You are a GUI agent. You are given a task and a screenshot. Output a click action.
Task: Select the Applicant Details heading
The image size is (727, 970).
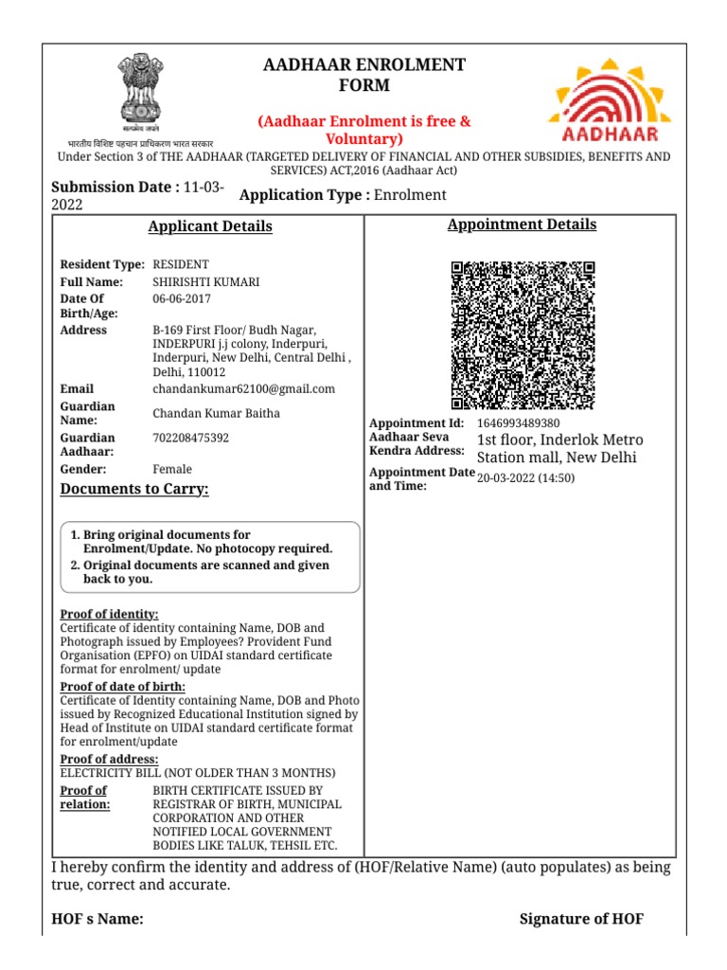pos(210,226)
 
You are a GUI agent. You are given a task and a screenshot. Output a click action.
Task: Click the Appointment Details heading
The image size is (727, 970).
pos(522,225)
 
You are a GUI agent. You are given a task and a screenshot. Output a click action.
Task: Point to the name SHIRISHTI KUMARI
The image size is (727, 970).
pos(206,282)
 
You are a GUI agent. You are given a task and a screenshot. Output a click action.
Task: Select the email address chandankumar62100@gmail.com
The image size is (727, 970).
pos(244,389)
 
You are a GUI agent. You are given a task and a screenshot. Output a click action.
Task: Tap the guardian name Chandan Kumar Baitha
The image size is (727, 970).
pos(217,413)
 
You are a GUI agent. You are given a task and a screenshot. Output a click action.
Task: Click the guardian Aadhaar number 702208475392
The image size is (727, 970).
pos(190,439)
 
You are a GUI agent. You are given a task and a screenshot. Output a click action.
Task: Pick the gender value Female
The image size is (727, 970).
pos(172,469)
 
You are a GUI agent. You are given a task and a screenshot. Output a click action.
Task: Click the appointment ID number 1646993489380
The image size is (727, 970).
pos(519,423)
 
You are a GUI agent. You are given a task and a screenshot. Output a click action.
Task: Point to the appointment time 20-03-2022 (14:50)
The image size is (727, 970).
pos(526,478)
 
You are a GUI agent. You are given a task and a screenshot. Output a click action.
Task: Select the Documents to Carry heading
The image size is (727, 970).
pos(134,489)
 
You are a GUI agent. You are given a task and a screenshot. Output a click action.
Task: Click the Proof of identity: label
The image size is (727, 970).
pos(110,615)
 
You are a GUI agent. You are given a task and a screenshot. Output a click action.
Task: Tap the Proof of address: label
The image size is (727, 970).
pos(110,760)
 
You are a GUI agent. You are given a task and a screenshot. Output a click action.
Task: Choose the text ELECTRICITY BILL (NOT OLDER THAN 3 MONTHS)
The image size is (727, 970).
pos(198,773)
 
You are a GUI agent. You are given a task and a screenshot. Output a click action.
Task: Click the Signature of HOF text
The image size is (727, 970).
pos(581,919)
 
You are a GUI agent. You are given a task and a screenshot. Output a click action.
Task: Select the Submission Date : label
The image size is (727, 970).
pos(115,188)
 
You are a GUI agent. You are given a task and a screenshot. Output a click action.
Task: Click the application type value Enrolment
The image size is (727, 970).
pos(410,195)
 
